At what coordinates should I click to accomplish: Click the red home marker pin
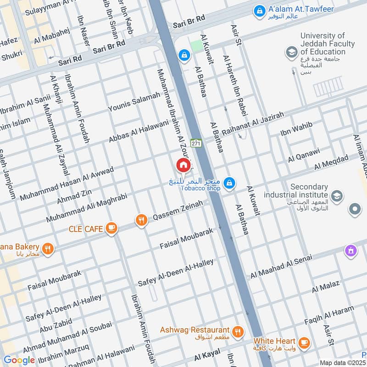click(x=183, y=165)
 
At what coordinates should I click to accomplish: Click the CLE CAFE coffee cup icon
click(x=111, y=228)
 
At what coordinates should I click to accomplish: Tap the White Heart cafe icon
click(x=303, y=342)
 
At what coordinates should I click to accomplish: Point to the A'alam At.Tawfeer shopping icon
click(x=259, y=10)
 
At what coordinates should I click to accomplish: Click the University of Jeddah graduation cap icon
click(x=291, y=53)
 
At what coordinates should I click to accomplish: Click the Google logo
click(x=19, y=360)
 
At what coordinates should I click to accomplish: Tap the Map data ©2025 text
click(x=343, y=363)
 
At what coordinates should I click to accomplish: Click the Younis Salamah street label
click(x=134, y=101)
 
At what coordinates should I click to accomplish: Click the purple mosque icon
click(x=351, y=251)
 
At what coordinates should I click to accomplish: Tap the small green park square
click(x=196, y=46)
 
